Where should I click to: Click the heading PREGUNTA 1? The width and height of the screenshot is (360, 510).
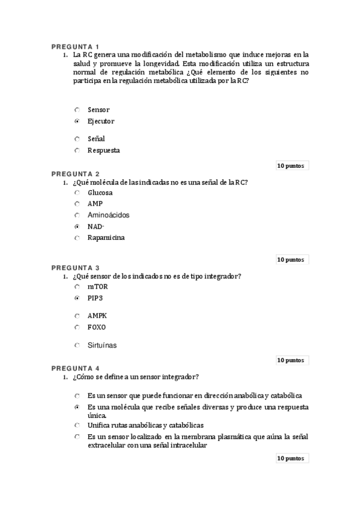tap(75, 47)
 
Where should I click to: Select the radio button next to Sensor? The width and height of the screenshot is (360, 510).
tap(77, 110)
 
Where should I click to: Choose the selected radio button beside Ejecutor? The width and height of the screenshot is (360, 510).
tap(77, 121)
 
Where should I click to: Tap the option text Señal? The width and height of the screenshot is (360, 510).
tap(96, 139)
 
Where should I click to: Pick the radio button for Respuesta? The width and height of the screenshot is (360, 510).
tap(77, 150)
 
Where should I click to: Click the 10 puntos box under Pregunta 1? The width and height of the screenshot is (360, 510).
tap(291, 165)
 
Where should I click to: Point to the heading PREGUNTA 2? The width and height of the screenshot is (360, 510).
tap(75, 173)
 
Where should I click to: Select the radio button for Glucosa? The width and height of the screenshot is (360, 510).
tap(77, 193)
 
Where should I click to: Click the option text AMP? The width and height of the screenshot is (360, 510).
tap(95, 204)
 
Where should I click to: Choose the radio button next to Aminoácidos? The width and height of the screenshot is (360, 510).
tap(77, 215)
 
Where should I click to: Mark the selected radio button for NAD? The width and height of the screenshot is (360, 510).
tap(77, 227)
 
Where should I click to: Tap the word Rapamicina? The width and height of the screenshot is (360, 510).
tap(106, 238)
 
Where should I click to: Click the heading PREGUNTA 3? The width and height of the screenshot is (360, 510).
tap(75, 268)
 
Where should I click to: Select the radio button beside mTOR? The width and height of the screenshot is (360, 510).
tap(77, 287)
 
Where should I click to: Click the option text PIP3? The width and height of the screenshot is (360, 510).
tap(95, 298)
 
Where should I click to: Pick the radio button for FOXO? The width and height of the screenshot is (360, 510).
tap(77, 327)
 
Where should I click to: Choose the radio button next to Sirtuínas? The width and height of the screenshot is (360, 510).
tap(77, 345)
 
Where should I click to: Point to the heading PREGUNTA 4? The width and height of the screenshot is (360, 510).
tap(75, 367)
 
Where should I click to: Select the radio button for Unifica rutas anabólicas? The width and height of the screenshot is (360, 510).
tap(77, 425)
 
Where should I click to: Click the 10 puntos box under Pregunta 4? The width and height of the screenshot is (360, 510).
tap(291, 458)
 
